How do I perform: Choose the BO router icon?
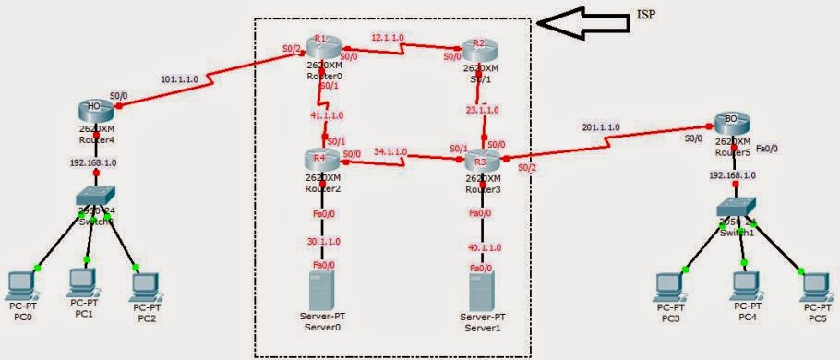click(730, 123)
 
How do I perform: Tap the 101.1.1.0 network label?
click(179, 78)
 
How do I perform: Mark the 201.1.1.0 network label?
click(601, 127)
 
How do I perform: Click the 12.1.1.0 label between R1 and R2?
click(388, 38)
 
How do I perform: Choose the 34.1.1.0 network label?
click(390, 150)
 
